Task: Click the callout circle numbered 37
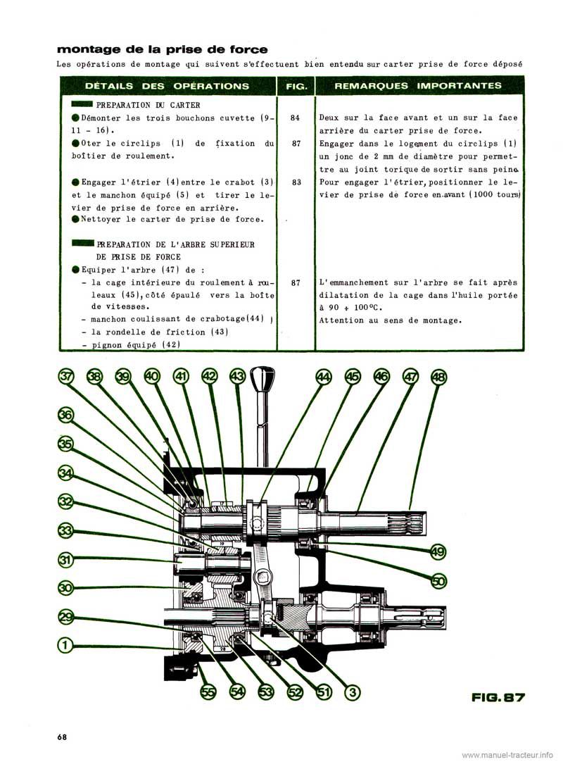[67, 377]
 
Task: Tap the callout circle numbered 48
[439, 377]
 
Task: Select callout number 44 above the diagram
[323, 377]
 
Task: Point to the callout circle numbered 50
[438, 580]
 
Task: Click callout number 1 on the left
[65, 644]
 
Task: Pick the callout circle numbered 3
[353, 692]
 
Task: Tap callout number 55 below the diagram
[208, 692]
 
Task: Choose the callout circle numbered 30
[65, 587]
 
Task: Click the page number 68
[62, 737]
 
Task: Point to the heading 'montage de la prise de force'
[162, 49]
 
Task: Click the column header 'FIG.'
[296, 86]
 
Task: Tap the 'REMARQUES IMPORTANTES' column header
[418, 86]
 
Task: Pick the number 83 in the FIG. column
[296, 181]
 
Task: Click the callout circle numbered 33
[65, 530]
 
